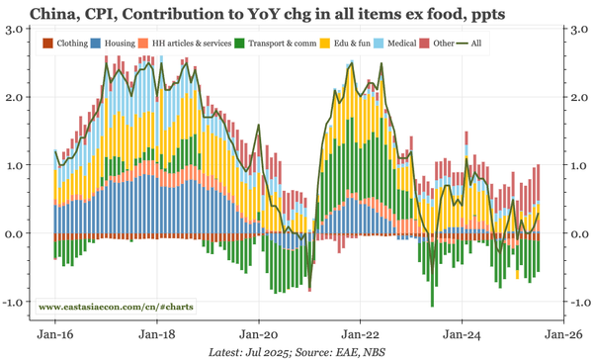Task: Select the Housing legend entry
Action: click(x=118, y=44)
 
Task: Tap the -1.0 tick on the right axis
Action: click(x=572, y=302)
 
